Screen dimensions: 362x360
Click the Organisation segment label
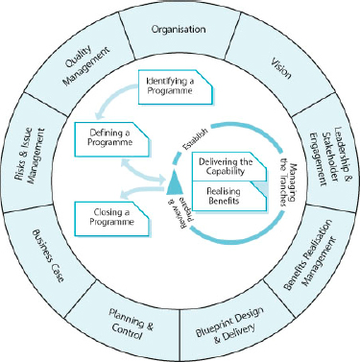pos(179,29)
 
